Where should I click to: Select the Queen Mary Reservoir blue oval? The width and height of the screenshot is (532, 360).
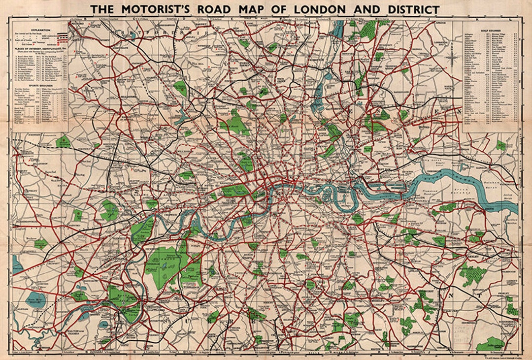click(35, 300)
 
